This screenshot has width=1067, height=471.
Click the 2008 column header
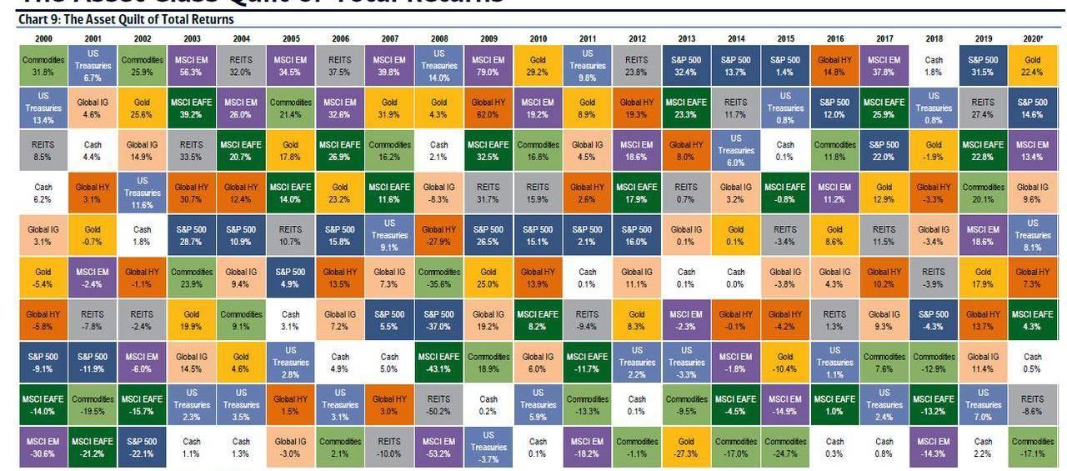(x=439, y=38)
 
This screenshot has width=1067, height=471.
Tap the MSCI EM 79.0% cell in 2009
(x=488, y=66)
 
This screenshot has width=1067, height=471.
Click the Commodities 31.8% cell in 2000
(x=43, y=66)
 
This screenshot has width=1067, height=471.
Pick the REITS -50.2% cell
(x=439, y=405)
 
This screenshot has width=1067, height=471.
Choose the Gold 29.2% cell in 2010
(x=539, y=66)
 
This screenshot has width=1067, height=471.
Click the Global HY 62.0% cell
(x=488, y=108)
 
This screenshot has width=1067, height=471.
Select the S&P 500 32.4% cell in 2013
(x=687, y=66)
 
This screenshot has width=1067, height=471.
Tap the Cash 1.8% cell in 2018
(x=934, y=66)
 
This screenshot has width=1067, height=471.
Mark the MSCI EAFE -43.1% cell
(x=439, y=363)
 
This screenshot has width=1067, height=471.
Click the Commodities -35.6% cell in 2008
(x=439, y=278)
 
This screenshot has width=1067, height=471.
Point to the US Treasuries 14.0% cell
(x=439, y=66)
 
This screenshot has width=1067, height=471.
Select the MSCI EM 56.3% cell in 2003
(x=192, y=66)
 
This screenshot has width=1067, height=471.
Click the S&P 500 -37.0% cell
(x=439, y=320)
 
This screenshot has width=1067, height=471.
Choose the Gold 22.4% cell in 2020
(x=1032, y=66)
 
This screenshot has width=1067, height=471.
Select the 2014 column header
(x=736, y=38)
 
